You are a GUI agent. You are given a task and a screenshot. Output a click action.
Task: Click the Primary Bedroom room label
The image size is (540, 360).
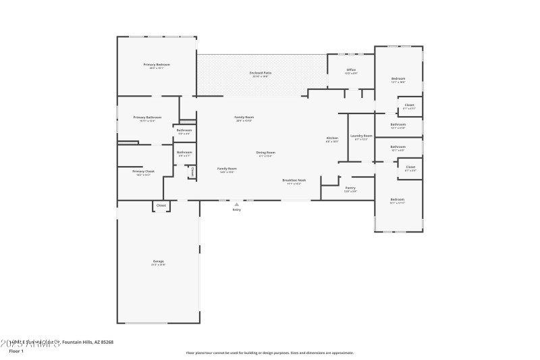(157, 64)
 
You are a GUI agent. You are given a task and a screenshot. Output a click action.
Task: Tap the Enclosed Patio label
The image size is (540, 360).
(260, 72)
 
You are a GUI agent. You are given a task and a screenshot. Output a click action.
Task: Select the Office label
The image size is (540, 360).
(351, 70)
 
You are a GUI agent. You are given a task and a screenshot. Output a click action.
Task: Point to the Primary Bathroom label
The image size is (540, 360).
(147, 117)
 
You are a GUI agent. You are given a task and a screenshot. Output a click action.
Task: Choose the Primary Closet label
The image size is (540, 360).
(143, 171)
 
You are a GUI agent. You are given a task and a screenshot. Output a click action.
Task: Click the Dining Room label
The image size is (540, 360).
(265, 152)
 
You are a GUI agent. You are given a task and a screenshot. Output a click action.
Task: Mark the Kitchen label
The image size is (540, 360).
(332, 138)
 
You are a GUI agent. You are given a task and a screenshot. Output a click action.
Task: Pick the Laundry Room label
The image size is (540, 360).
(361, 136)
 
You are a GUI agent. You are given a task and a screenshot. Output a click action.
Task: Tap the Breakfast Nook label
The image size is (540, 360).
(294, 180)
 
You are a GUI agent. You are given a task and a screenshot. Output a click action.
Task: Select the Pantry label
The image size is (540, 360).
(350, 188)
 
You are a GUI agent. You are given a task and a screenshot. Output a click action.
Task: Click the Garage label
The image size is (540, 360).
(158, 261)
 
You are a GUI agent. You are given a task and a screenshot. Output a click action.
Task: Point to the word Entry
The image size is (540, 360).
(236, 210)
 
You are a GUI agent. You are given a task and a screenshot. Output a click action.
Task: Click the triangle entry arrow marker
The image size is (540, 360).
(236, 204)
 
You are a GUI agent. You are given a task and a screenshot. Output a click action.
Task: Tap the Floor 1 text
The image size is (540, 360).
(16, 351)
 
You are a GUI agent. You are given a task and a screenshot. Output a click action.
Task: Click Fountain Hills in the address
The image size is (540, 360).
(77, 342)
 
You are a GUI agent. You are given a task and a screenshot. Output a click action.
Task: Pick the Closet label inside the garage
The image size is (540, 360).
(161, 205)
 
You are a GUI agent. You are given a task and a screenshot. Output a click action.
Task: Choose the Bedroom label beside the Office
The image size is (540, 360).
(398, 78)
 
